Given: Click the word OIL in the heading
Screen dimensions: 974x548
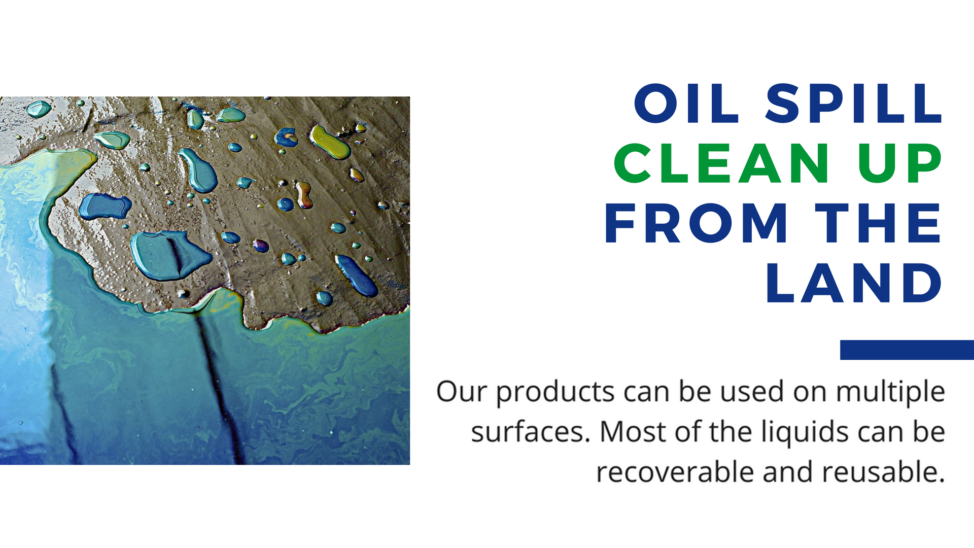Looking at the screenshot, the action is click(686, 104).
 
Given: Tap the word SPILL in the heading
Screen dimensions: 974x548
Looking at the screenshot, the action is click(854, 104).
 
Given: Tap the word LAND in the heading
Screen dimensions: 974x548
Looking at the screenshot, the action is click(854, 283).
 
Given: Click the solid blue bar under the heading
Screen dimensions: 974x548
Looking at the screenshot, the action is click(907, 350).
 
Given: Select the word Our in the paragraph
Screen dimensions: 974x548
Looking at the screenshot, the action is click(462, 392).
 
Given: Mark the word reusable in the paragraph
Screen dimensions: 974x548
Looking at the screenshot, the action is click(884, 472).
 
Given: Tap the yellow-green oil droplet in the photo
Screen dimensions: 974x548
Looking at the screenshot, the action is click(330, 142).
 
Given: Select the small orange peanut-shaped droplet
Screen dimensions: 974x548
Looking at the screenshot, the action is click(304, 195).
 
